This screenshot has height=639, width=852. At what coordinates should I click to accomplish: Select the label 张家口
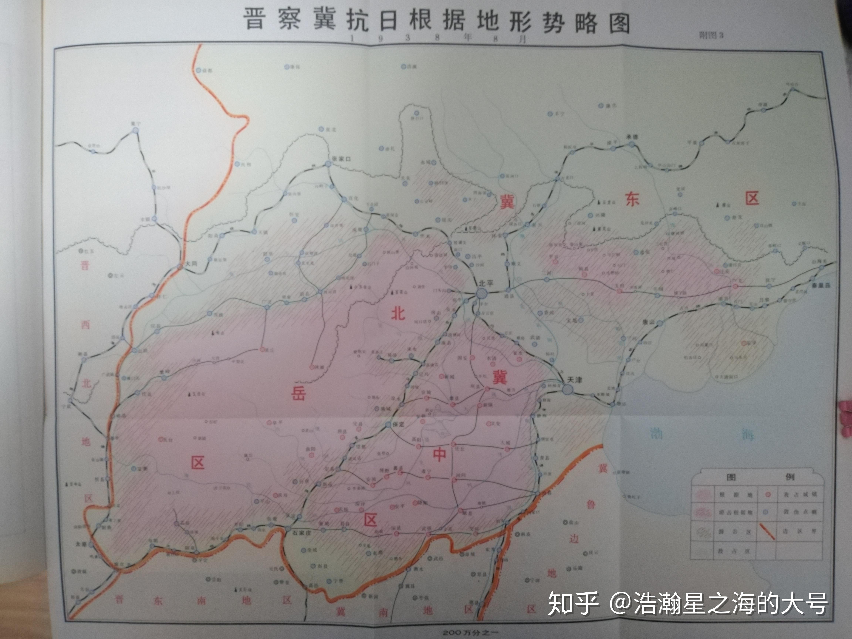point(341,159)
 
